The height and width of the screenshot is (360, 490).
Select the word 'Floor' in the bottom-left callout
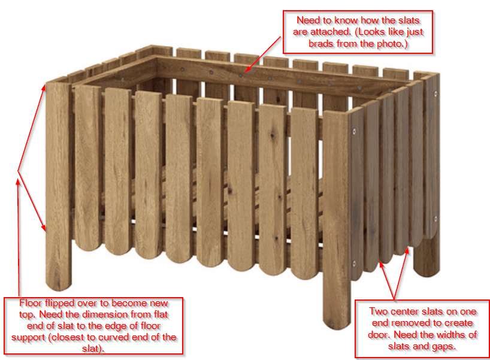(31, 303)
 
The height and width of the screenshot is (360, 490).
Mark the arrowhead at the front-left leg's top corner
(44, 87)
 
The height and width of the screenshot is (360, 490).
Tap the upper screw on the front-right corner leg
(354, 132)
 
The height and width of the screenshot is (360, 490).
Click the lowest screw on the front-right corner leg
(354, 264)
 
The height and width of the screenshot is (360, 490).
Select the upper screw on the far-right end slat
(435, 93)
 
